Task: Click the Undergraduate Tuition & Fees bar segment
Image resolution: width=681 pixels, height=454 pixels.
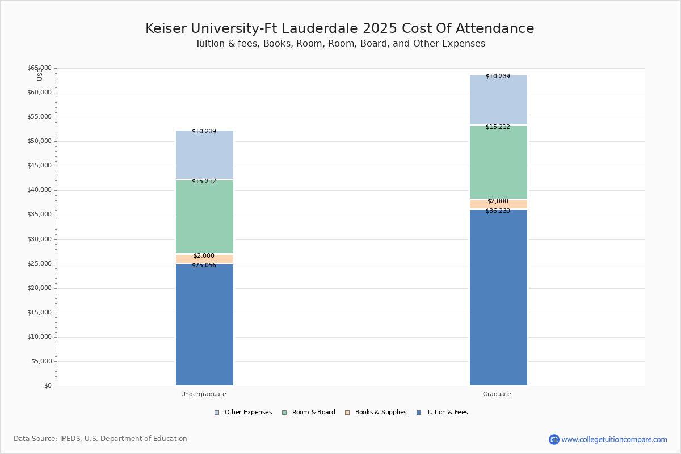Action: (x=204, y=326)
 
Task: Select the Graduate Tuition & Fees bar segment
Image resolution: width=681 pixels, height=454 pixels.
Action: (x=498, y=298)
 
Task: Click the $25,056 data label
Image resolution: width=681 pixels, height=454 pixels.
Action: (x=204, y=265)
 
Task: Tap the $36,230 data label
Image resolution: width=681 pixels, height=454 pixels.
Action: (x=498, y=211)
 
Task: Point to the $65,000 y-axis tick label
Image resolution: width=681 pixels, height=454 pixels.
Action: (x=39, y=68)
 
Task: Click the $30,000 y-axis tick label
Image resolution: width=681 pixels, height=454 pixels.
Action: (x=39, y=239)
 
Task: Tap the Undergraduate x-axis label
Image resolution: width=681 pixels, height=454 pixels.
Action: (x=204, y=394)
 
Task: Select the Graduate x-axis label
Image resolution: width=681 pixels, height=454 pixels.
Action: (x=497, y=394)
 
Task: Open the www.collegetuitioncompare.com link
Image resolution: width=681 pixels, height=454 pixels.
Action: (x=614, y=439)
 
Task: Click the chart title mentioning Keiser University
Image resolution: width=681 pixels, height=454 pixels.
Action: (x=340, y=28)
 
